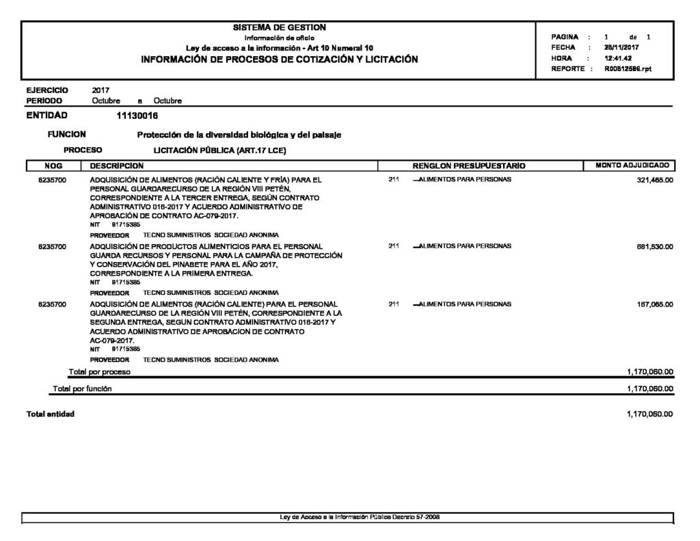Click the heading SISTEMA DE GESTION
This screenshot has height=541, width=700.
pos(280,27)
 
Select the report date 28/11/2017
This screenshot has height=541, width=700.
pos(621,48)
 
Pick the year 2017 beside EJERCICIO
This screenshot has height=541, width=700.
pos(100,90)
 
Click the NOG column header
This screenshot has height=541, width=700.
pos(53,166)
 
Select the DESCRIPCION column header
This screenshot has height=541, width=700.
pos(117,166)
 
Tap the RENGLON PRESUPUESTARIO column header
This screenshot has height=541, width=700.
pos(469,166)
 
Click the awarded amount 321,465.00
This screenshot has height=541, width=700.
pos(655,180)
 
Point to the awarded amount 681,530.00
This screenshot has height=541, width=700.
pos(655,246)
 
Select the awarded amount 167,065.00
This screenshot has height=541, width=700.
pos(655,304)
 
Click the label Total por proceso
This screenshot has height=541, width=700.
pos(99,372)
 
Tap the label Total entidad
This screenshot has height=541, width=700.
pos(50,414)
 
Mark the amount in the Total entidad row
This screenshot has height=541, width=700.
pos(649,414)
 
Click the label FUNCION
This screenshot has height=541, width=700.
pos(67,135)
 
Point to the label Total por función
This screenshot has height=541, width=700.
pos(82,388)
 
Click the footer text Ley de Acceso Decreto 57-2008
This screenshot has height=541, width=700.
pos(360,516)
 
